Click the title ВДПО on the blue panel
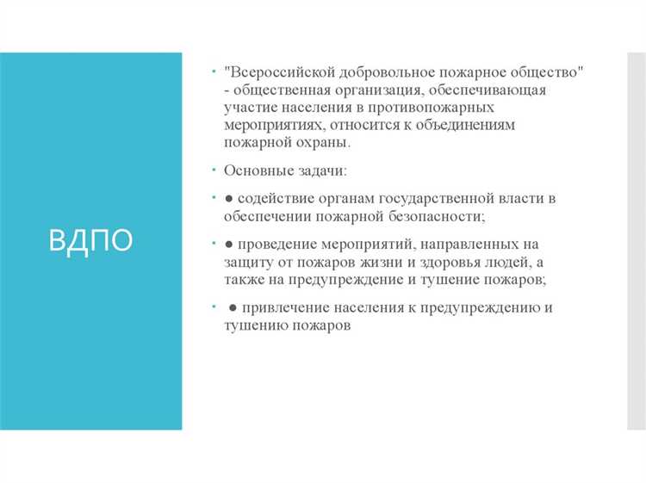coord(91,241)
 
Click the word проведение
coord(280,244)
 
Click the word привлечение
coord(288,307)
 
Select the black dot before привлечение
coord(233,307)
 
